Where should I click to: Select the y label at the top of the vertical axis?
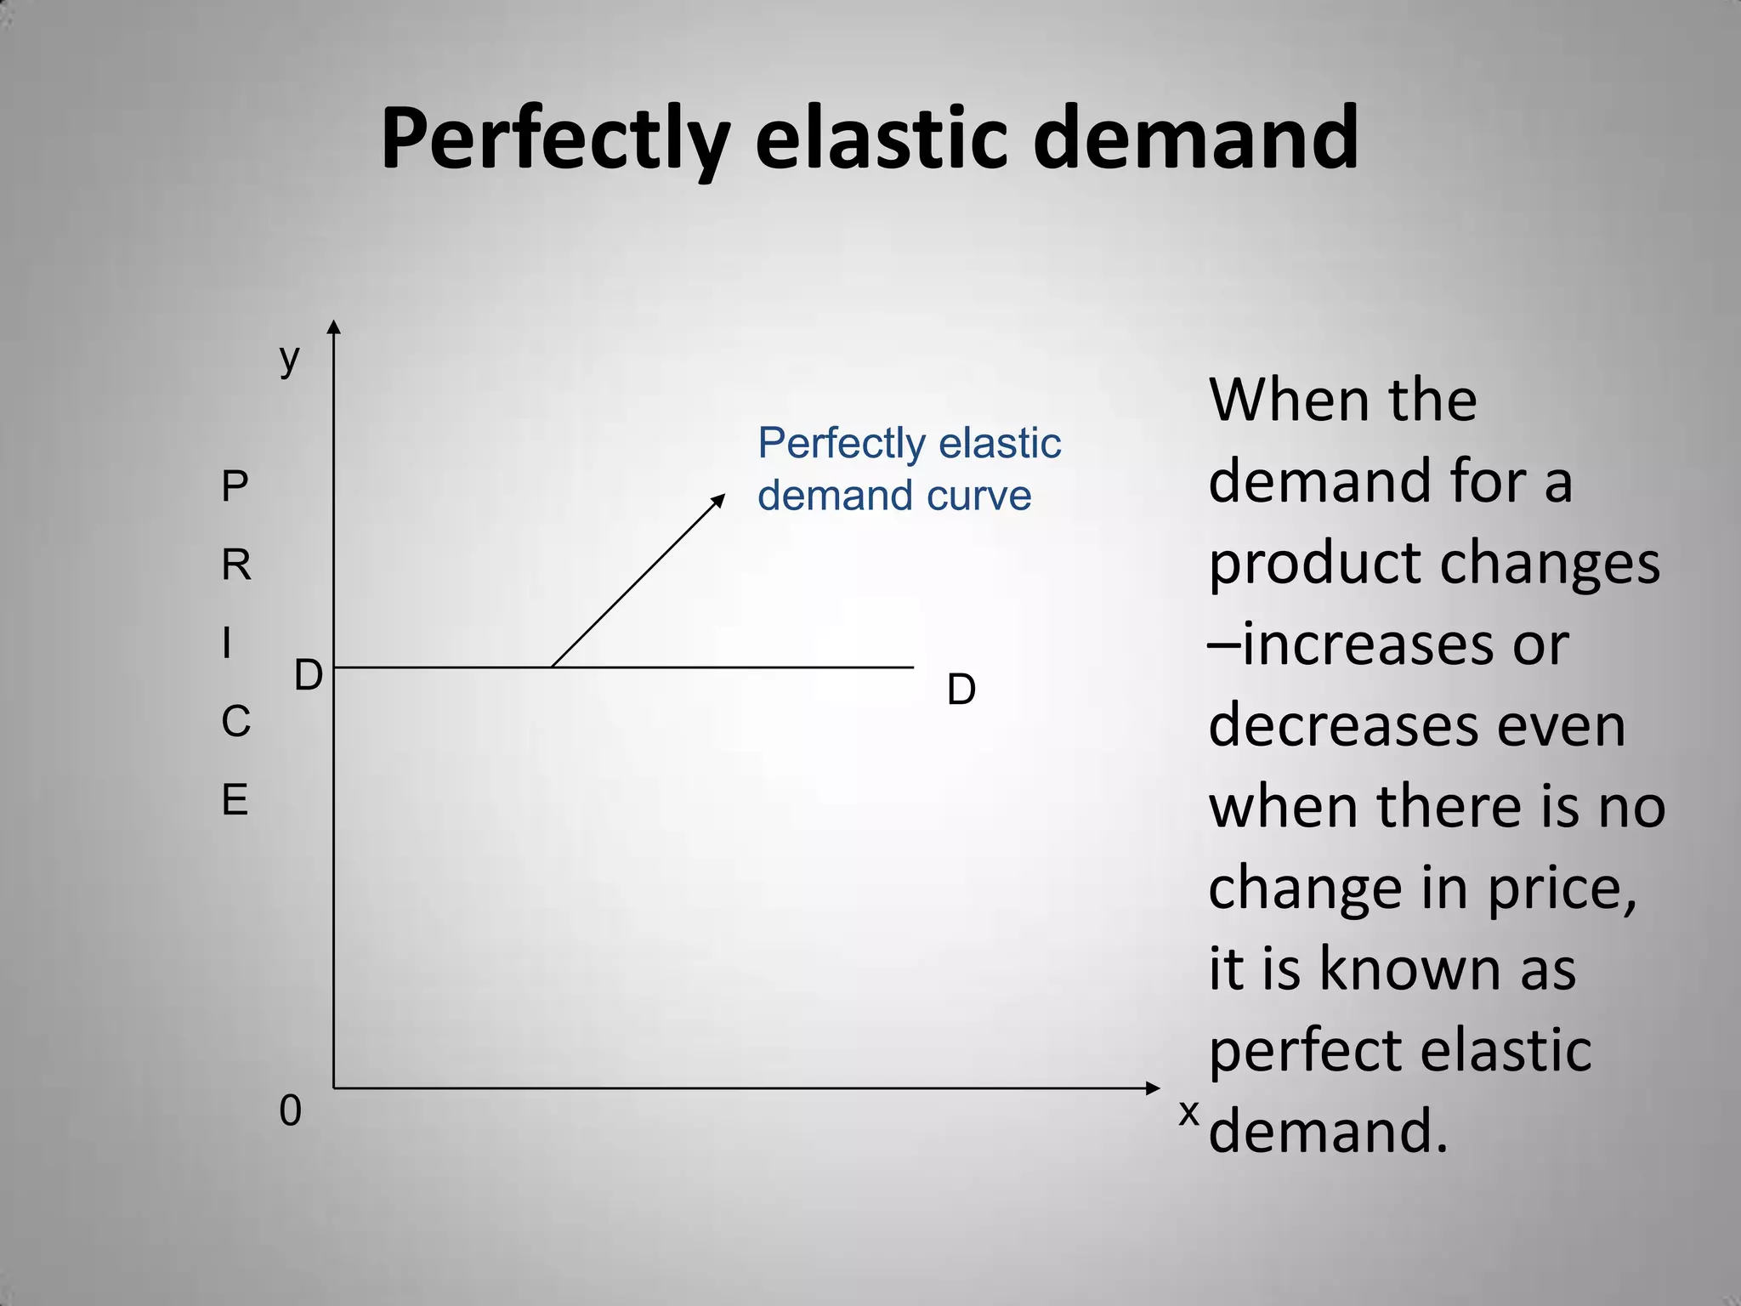[x=290, y=358]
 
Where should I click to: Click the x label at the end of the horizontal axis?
[x=1188, y=1112]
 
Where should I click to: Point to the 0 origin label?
[x=290, y=1111]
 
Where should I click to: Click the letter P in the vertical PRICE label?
[x=235, y=487]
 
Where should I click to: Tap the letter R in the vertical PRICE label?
[x=236, y=565]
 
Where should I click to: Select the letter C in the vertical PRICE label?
[x=235, y=722]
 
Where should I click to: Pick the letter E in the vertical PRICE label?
[x=235, y=800]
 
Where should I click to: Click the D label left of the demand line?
[x=308, y=677]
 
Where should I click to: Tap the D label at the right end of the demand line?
[x=961, y=690]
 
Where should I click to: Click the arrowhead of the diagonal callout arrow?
[x=719, y=499]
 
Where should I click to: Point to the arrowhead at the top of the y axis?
[x=334, y=327]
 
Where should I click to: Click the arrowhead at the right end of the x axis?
[x=1153, y=1088]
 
